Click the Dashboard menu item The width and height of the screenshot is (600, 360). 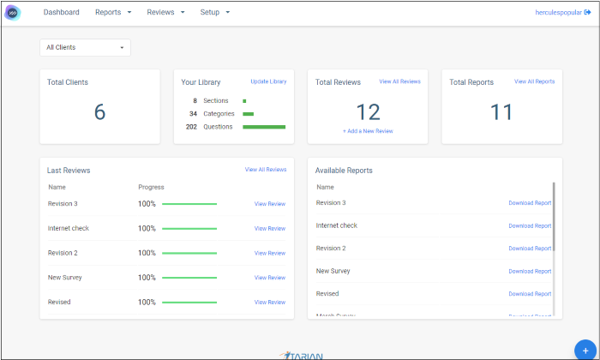coord(62,13)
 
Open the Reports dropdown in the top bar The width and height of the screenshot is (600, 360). coord(113,13)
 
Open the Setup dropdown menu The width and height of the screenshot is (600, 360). coord(214,13)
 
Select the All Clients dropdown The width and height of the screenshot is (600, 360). coord(85,47)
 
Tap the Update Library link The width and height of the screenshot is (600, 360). coord(268,81)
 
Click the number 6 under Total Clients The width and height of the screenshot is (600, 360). coord(99,112)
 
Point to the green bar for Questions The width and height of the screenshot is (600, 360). coord(264,127)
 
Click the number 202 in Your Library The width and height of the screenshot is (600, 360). coord(191,127)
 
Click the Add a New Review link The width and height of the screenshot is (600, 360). coord(368,131)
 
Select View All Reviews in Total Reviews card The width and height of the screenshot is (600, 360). coord(399,81)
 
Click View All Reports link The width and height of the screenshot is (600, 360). coord(534,81)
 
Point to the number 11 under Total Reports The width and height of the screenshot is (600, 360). coord(501,112)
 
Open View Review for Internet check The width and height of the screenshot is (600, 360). coord(270,229)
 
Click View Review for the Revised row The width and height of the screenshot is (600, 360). coord(270,303)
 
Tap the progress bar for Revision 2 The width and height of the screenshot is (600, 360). coord(189,253)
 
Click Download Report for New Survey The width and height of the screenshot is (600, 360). coord(530,272)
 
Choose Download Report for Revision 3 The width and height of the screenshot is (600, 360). coord(530,203)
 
